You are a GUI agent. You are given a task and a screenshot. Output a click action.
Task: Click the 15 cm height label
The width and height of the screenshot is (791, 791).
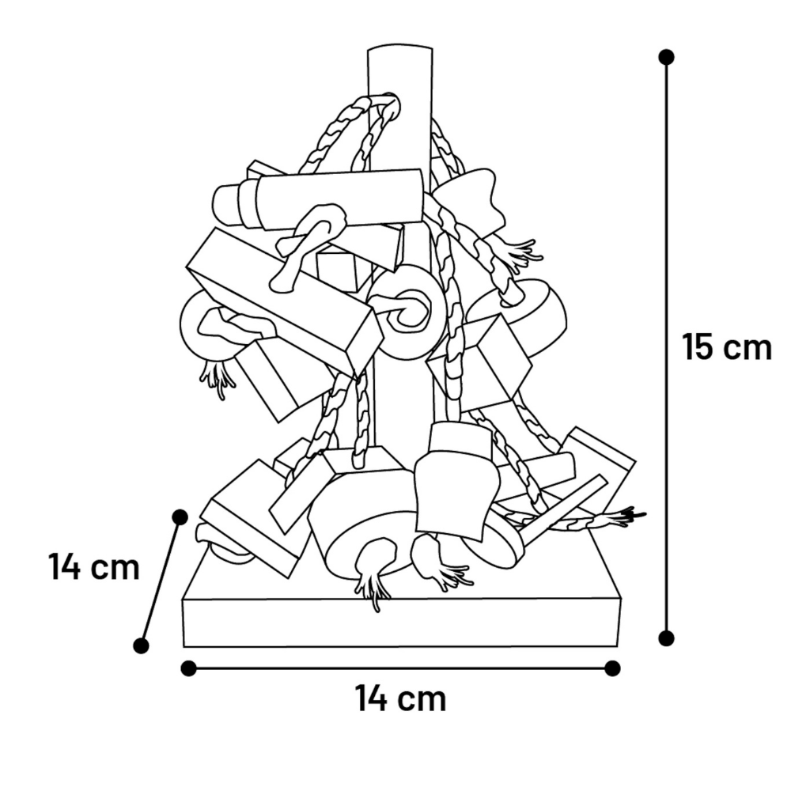[727, 347]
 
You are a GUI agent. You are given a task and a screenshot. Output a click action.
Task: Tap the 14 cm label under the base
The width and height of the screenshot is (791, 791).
[402, 698]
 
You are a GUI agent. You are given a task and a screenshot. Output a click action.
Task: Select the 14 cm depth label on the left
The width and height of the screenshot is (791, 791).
[94, 567]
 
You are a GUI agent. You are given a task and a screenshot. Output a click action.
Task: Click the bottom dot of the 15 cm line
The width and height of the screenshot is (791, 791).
[666, 638]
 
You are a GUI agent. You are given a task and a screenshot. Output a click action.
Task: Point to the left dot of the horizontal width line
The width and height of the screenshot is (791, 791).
[189, 669]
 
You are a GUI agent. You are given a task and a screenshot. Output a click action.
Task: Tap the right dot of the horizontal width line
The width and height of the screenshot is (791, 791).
[612, 669]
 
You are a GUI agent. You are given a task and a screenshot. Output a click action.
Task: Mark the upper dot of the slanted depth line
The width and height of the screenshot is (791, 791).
[180, 517]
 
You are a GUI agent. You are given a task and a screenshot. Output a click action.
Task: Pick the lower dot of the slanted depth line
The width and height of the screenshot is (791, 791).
[142, 645]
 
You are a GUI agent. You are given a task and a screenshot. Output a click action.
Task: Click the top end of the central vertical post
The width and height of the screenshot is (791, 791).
[400, 48]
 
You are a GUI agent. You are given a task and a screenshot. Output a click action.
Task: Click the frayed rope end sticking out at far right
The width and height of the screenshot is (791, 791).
[623, 517]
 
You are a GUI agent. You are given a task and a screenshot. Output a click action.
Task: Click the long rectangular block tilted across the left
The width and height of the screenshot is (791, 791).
[286, 303]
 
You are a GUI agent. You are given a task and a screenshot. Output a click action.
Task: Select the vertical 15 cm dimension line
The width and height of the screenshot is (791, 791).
[666, 347]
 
